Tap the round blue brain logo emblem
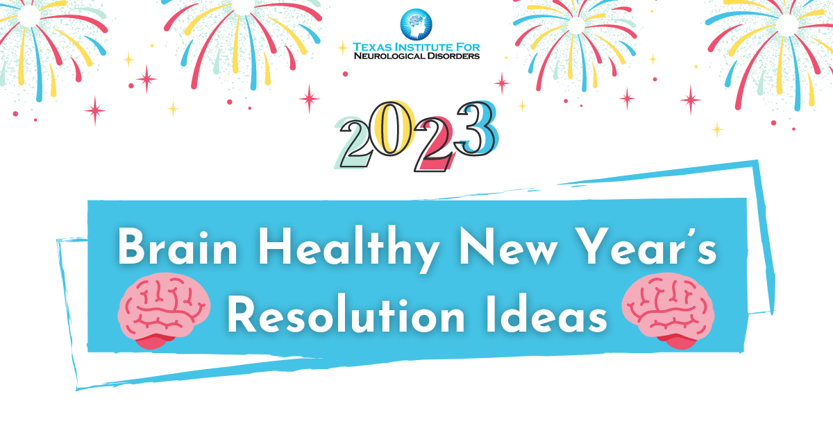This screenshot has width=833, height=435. (416, 24)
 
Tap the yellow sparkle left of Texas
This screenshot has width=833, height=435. (342, 47)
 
